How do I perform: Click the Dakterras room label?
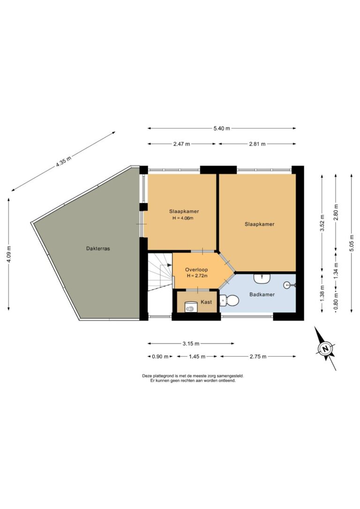point(98,249)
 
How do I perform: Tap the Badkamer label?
point(262,294)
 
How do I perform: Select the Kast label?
point(206,302)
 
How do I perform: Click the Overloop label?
point(196,269)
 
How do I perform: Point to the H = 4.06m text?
point(183,218)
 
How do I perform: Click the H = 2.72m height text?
point(197,276)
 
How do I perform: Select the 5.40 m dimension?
point(222,128)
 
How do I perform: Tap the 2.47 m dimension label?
point(182,144)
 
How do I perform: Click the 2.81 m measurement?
point(257,144)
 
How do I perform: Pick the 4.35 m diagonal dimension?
point(63,161)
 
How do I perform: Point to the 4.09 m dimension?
point(9,254)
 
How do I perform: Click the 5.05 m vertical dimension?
point(352,242)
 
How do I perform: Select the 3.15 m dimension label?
point(191,344)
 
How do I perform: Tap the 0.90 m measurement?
point(160,356)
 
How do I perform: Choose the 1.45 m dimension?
point(197,356)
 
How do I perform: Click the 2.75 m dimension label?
point(258,356)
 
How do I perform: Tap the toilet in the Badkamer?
point(230,300)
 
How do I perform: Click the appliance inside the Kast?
point(191,307)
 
